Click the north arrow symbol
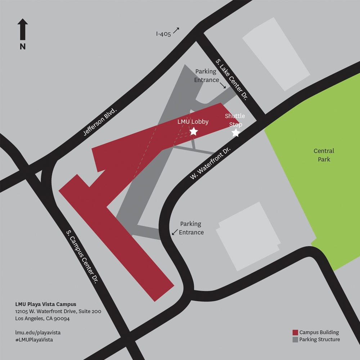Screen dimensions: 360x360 23,29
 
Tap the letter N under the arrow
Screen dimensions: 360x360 23,46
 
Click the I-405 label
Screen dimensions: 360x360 163,34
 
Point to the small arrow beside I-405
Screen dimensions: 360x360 176,30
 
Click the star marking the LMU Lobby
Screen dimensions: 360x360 193,131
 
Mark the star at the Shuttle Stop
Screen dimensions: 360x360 235,133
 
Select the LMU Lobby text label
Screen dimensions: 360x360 193,122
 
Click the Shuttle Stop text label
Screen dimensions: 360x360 235,120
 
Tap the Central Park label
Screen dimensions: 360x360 324,155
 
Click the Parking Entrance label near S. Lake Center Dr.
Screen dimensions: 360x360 206,76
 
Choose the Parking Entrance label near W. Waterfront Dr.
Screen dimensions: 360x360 191,228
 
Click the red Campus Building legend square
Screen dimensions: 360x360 295,332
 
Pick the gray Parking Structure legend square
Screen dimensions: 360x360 295,339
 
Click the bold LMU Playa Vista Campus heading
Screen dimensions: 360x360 46,304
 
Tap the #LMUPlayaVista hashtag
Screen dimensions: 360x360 34,340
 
